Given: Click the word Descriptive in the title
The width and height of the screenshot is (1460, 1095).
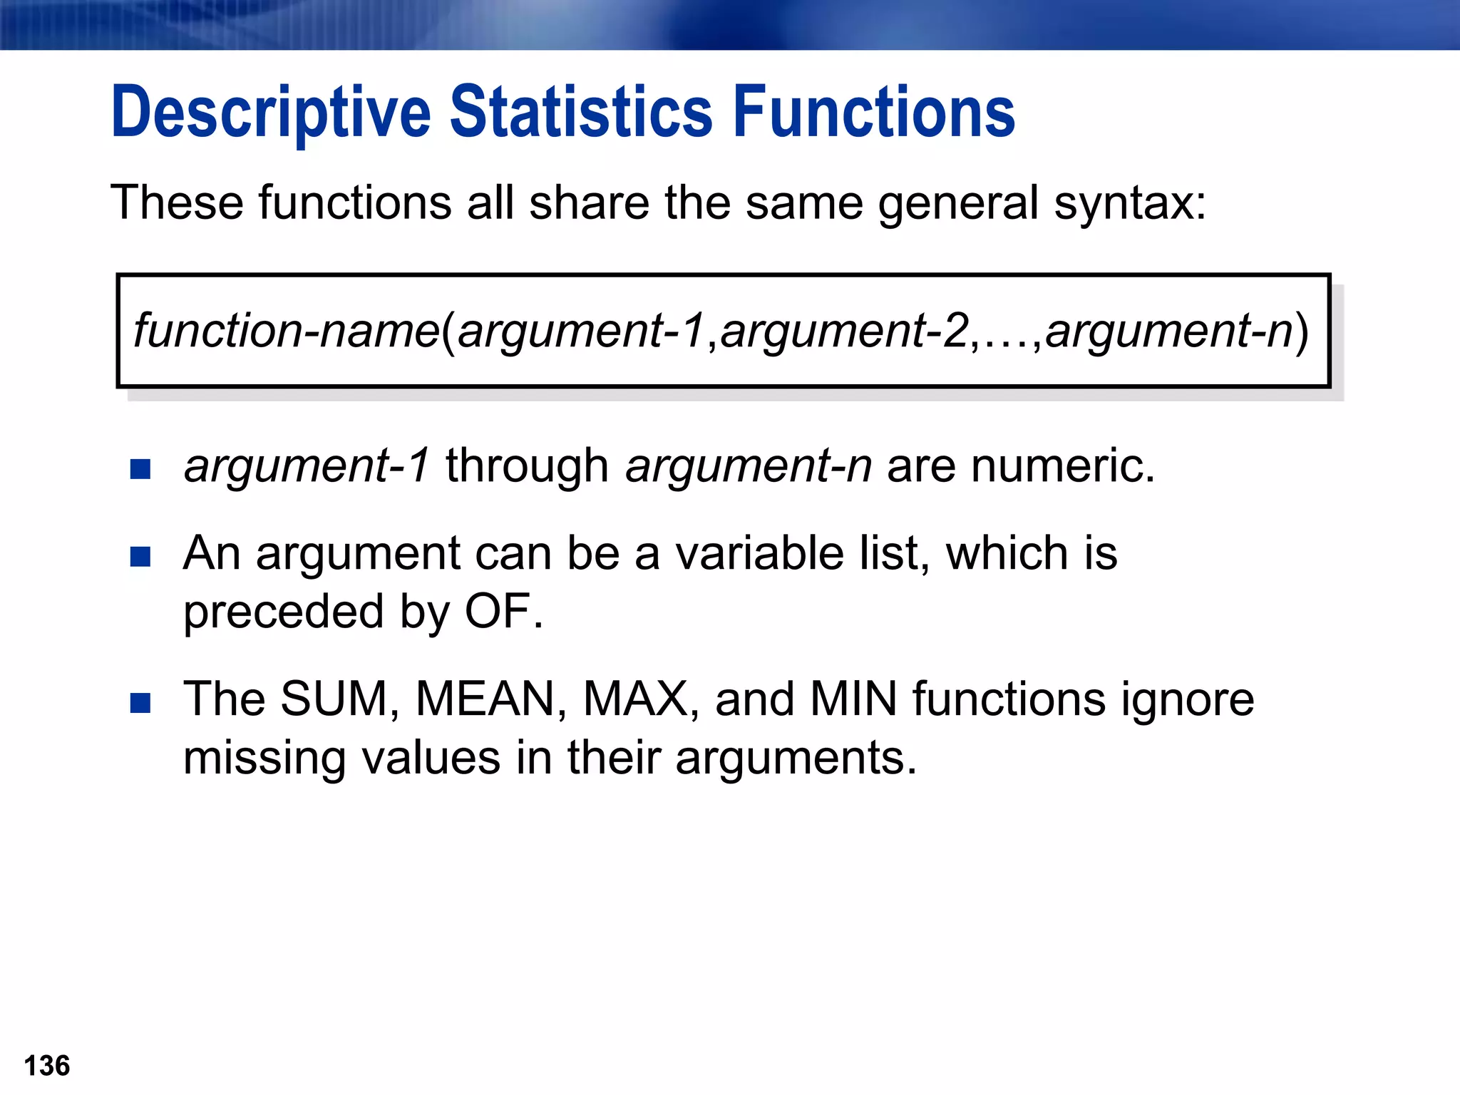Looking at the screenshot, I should pos(271,112).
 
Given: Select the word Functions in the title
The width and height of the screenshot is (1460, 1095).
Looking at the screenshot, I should pos(874,112).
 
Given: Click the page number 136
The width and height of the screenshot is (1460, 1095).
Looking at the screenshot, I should pos(47,1066).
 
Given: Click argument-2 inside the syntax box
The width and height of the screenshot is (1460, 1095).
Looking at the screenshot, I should pos(845,331).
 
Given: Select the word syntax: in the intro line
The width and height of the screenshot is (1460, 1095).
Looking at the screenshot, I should pos(1130,203).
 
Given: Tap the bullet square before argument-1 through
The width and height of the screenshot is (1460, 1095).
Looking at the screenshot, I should pos(140,469).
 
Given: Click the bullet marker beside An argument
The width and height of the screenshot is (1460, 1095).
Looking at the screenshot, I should pos(140,556).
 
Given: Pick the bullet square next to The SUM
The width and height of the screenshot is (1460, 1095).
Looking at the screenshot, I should pos(140,702).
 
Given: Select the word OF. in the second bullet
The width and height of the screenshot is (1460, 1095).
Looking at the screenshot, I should pos(504,612).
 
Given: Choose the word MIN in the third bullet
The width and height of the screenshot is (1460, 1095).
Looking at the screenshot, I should pos(853,699).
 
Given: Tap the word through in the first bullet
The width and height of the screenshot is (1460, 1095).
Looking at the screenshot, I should pos(527,466).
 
